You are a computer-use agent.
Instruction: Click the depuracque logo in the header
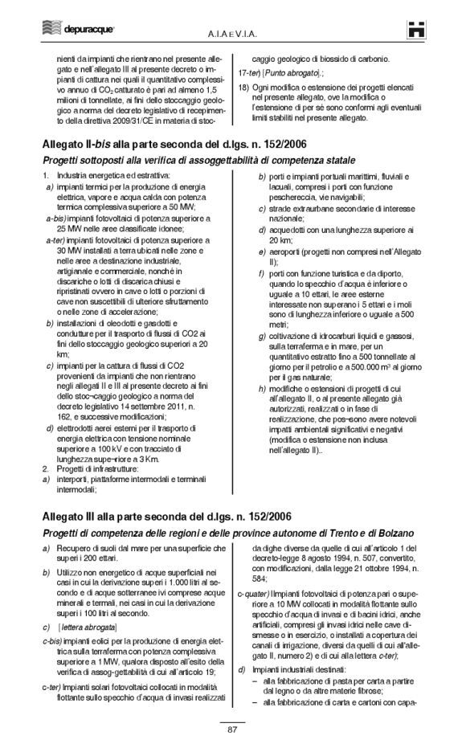(55, 31)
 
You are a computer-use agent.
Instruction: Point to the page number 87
(232, 730)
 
